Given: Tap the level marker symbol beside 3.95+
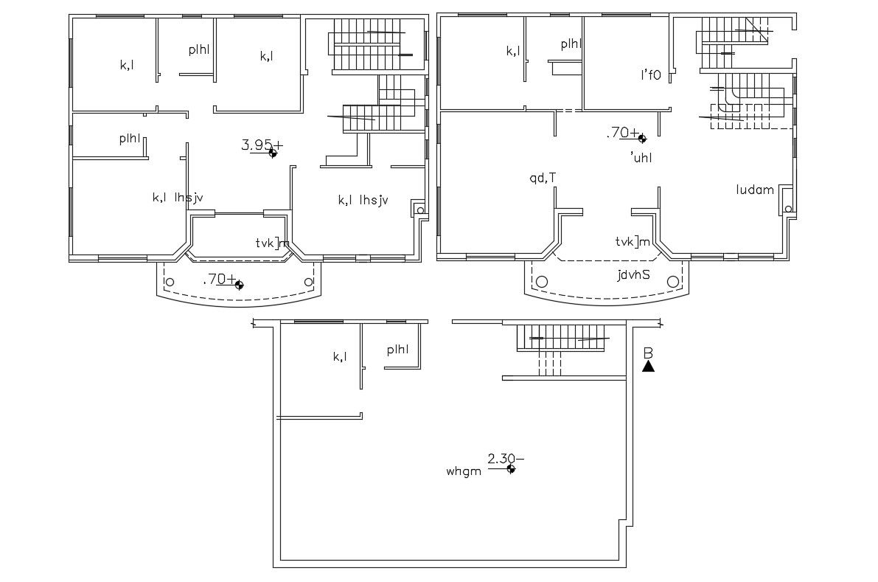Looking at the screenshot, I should tap(273, 153).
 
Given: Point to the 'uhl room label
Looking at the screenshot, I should tap(641, 157).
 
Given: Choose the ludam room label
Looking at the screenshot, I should tap(755, 190).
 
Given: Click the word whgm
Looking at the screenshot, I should tap(463, 470).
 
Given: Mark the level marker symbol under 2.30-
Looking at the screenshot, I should tap(511, 470).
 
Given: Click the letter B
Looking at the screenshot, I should tap(647, 352).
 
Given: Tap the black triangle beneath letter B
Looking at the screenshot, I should tap(648, 366).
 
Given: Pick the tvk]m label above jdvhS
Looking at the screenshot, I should tap(633, 241).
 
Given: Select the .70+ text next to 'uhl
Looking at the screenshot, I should tap(623, 133).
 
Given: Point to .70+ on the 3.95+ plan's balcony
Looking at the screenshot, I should tap(220, 279).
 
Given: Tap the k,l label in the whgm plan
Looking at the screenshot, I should tap(340, 357).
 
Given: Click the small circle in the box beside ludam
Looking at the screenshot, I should tap(788, 209).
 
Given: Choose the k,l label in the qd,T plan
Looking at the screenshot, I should tap(513, 51).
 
